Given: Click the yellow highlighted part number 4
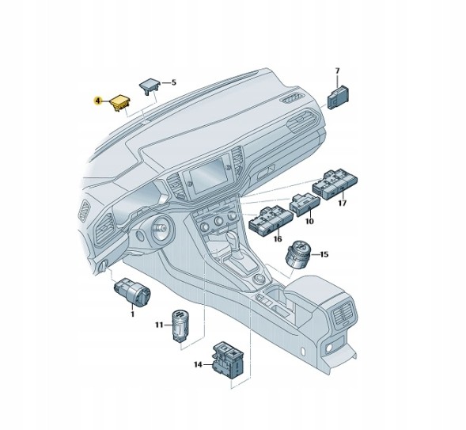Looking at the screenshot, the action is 97,101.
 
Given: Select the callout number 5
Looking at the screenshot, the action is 173,82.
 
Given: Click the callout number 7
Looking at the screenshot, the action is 337,71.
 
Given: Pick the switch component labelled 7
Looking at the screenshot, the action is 338,97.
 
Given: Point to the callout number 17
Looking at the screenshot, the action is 343,204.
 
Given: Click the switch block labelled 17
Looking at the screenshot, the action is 335,185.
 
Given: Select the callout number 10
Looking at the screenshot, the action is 309,221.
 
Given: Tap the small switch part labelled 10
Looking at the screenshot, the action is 305,204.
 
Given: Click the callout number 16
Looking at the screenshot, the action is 278,239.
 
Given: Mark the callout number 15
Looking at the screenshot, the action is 324,254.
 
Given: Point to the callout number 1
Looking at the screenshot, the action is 133,314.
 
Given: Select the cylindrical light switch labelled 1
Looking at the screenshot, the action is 132,292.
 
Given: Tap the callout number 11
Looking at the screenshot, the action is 159,325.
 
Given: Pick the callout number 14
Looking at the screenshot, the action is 198,364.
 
